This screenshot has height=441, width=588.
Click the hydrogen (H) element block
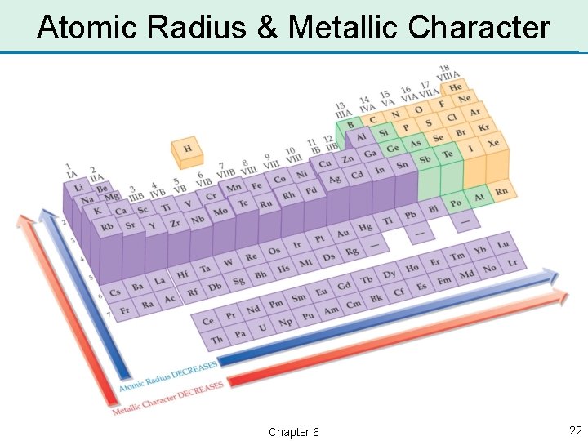pos(188,149)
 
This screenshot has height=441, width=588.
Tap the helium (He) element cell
pos(455,87)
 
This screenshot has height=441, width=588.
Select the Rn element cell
pos(501,192)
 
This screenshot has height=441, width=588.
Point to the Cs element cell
pos(114,292)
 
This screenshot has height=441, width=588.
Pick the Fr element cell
pos(125,310)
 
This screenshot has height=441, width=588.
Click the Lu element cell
pos(502,244)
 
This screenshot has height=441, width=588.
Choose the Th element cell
pos(216,339)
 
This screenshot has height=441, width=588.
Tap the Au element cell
pos(343,233)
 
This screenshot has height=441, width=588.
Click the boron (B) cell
pos(350,125)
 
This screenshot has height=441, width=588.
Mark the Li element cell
pos(79,188)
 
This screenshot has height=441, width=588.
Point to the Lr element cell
pos(512,263)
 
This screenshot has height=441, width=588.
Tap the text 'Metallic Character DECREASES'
pos(169,396)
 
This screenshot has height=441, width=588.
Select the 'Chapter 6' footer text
pos(293,431)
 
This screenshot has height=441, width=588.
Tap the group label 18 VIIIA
pos(448,72)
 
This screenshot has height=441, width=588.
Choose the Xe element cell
pos(493,143)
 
